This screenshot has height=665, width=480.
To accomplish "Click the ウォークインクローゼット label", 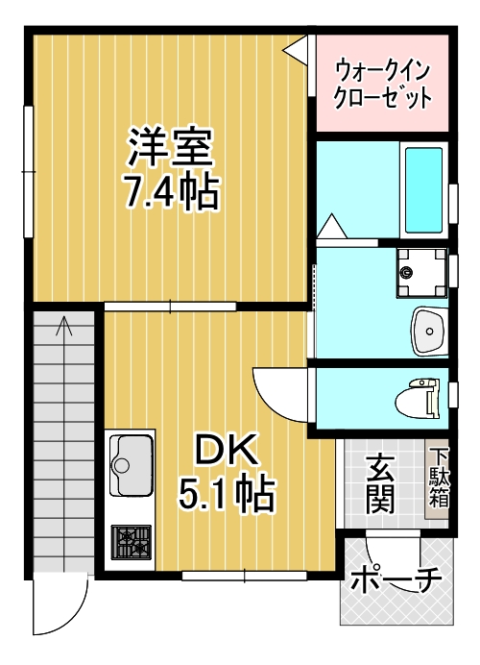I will pos(381,84).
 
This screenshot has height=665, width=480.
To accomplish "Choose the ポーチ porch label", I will pos(395,582).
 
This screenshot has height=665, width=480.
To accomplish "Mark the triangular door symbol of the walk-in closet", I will pos(300,47).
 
